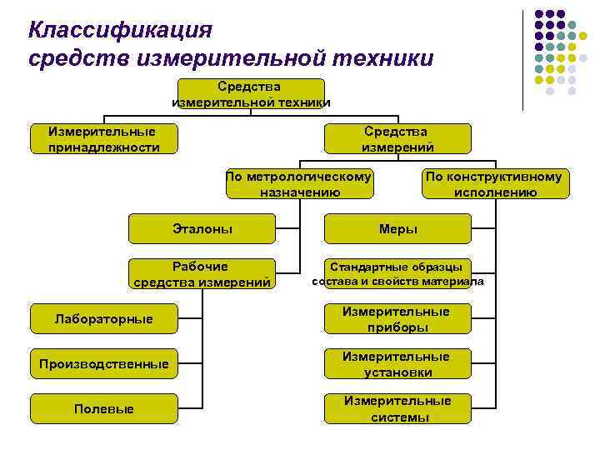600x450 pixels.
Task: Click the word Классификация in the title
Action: pos(121,30)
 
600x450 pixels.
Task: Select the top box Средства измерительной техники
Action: pos(251,94)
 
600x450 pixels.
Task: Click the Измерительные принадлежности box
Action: pos(104,139)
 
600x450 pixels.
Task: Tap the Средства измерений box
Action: pos(397,139)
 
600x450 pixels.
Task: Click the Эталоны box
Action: pos(202,228)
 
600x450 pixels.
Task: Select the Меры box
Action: pos(397,228)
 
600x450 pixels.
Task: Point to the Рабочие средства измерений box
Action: pos(202,274)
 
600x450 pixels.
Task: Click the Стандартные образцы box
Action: pos(397,274)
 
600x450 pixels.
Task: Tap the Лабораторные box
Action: pos(104,319)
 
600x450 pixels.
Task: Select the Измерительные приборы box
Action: pos(397,319)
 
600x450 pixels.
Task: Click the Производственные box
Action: pos(104,364)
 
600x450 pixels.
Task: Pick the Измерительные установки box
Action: pos(397,364)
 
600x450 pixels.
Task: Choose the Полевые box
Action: pos(104,409)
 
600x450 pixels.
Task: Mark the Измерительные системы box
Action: pos(397,409)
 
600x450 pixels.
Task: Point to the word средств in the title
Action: pos(70,58)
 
